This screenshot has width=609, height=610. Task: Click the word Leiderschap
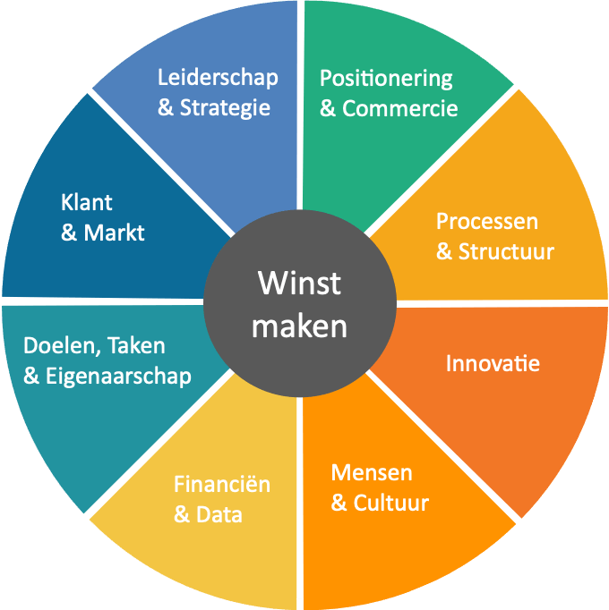[218, 78]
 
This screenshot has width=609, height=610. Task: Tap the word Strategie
[225, 108]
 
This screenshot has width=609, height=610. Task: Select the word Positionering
[386, 80]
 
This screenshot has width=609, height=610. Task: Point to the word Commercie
[399, 108]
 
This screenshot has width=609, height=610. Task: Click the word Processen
[487, 222]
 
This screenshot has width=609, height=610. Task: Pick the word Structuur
[506, 251]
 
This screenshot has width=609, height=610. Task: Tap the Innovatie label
[493, 363]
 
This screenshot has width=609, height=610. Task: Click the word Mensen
[372, 473]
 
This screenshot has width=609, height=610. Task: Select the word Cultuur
[391, 503]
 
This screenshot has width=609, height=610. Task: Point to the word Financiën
[222, 485]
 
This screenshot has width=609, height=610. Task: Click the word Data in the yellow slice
[219, 514]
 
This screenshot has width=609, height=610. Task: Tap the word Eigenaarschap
[118, 377]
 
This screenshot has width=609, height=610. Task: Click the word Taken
[136, 345]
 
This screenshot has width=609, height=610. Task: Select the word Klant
[87, 202]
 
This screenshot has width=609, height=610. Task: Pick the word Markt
[114, 233]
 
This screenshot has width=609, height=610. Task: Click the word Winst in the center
[299, 284]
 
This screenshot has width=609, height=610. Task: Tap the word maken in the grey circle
[299, 326]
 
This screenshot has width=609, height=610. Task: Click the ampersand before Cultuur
[339, 503]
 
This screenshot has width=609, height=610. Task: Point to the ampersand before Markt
[69, 233]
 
